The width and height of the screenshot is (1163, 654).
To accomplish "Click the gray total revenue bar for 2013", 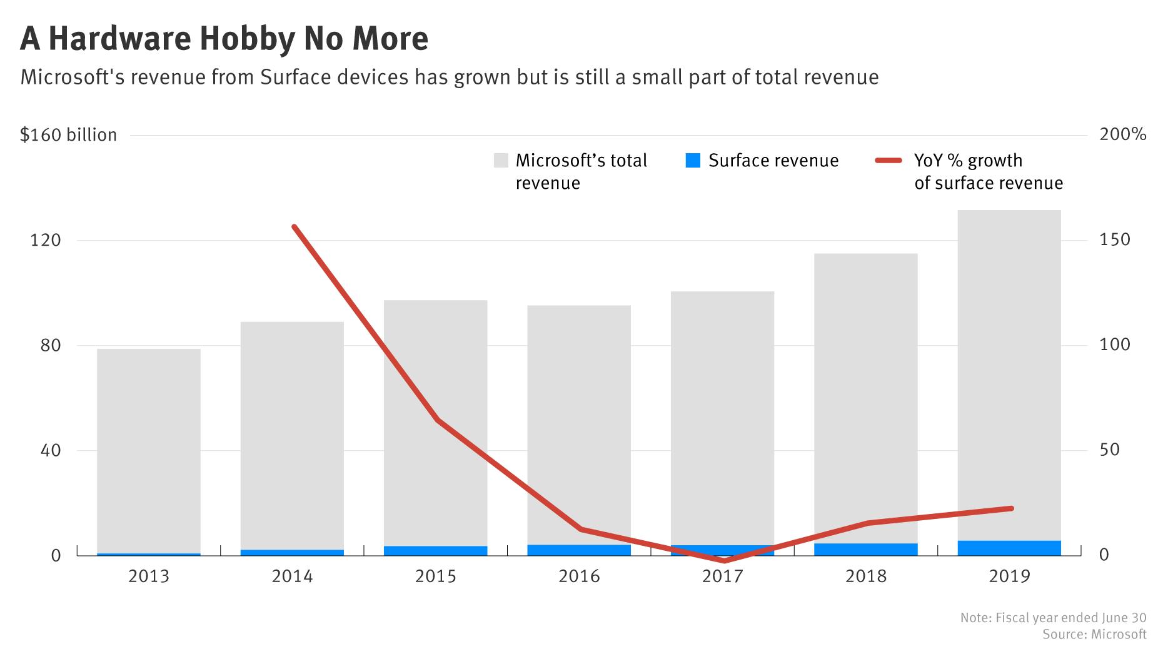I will tap(149, 450).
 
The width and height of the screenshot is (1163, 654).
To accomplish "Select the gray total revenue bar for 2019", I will tap(1009, 375).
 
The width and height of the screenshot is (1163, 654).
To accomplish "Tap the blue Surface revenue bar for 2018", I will tap(866, 550).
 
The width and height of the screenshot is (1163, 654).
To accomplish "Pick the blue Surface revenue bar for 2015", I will tap(436, 551).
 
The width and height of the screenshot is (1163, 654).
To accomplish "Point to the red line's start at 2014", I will tap(294, 227).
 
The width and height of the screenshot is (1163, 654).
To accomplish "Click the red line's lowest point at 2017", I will tap(724, 560).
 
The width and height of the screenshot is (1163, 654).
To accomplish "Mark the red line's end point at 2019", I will tap(1011, 508).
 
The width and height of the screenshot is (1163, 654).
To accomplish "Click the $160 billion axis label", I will tap(68, 135).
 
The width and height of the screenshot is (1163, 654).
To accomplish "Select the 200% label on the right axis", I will tap(1122, 134).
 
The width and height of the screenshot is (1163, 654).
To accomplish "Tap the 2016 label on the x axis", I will tap(579, 576).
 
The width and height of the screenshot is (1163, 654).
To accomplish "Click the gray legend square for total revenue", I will tap(501, 161).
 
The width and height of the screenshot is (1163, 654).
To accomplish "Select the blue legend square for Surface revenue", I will tap(693, 161).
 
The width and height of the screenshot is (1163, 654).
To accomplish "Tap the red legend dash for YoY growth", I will tap(888, 161).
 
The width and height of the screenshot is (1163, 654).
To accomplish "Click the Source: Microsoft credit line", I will tap(1094, 634).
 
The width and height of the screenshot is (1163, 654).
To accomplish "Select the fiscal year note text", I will tap(1053, 618).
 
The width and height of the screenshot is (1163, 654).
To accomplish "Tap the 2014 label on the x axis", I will tap(292, 576).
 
